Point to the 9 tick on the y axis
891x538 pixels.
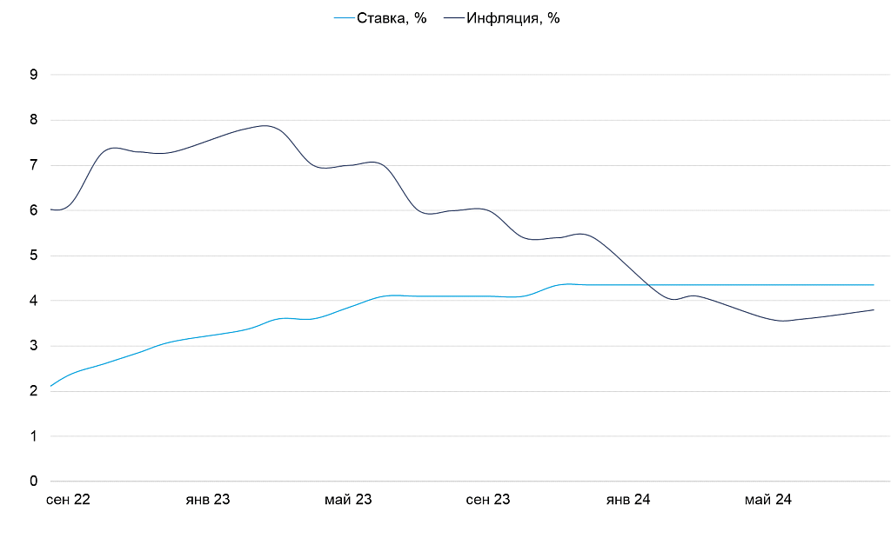click(x=34, y=75)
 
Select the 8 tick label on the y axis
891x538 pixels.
click(x=34, y=120)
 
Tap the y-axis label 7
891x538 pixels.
click(x=34, y=165)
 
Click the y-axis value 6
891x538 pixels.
click(x=34, y=210)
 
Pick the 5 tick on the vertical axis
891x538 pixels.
click(x=34, y=256)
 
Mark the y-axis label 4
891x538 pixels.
click(x=34, y=301)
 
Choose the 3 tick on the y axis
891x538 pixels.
click(x=34, y=346)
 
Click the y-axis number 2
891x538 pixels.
click(x=34, y=391)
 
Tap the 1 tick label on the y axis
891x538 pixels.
click(x=34, y=436)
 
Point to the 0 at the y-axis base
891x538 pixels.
click(x=34, y=482)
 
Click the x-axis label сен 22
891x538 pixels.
click(x=68, y=500)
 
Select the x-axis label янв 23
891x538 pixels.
click(x=208, y=500)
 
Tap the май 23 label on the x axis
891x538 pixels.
click(x=348, y=500)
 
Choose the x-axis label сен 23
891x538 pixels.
click(x=488, y=500)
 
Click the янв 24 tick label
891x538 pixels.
click(x=628, y=500)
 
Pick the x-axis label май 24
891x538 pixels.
click(x=768, y=500)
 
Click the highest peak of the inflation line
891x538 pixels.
click(x=265, y=126)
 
